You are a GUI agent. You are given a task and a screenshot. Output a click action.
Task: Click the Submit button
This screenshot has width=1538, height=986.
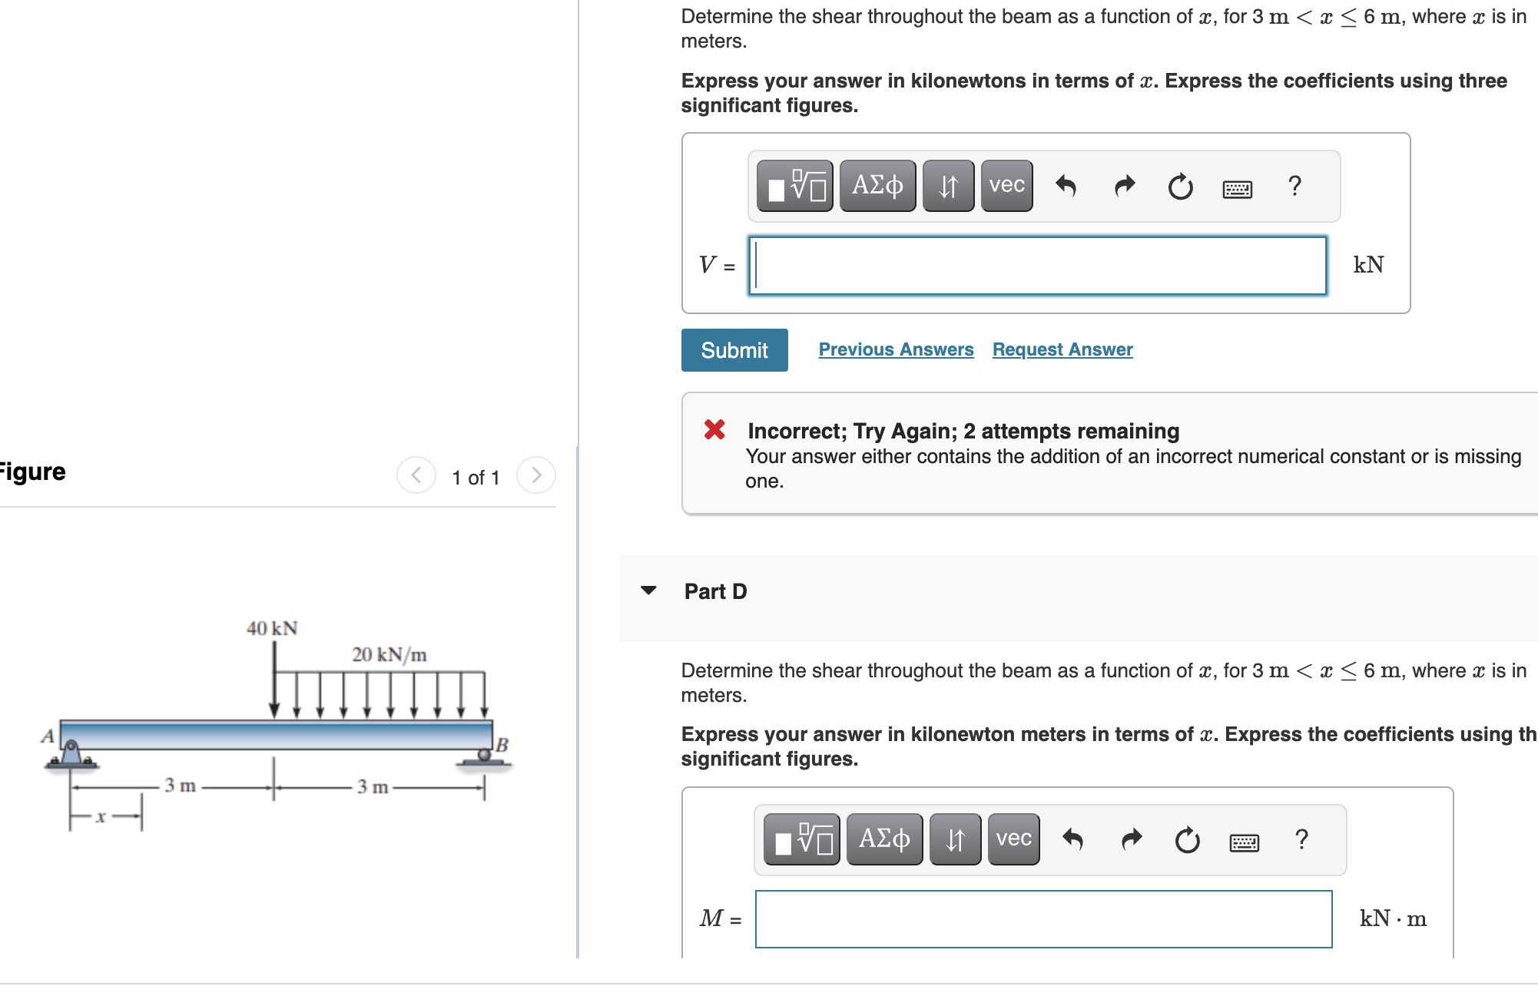(734, 350)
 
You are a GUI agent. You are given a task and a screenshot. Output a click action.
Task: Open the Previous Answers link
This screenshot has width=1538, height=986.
(896, 349)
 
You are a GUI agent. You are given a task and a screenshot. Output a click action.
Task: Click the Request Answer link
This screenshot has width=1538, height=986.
(1062, 349)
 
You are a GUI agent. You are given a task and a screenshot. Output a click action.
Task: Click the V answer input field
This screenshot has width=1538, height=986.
(1037, 266)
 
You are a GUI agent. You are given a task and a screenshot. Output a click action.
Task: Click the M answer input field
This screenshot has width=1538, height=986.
(1043, 919)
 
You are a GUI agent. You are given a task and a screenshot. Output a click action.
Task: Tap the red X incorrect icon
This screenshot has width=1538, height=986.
(714, 429)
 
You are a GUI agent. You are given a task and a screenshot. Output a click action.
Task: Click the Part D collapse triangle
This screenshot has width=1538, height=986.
(648, 591)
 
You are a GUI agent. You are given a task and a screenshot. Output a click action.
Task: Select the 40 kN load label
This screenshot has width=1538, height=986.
(272, 628)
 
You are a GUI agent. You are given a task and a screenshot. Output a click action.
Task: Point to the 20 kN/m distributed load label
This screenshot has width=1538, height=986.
(389, 654)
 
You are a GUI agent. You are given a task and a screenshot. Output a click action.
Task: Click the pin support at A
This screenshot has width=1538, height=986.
(71, 754)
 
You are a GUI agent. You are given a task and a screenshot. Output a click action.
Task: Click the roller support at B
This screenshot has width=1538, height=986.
(484, 757)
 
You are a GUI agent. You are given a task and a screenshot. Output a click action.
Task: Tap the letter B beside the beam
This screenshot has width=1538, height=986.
(502, 744)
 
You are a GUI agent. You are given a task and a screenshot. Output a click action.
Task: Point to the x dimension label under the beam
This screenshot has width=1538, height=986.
(100, 816)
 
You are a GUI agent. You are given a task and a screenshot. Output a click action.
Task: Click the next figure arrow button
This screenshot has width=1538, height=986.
(536, 475)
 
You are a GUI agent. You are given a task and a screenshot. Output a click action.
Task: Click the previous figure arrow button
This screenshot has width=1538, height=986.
(416, 475)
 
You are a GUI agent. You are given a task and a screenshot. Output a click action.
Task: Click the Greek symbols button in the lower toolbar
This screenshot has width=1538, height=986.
(884, 839)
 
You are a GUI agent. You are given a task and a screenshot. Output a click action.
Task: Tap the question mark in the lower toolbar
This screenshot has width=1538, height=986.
(1301, 839)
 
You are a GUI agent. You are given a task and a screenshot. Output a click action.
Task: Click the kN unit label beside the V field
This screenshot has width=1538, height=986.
(1368, 265)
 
